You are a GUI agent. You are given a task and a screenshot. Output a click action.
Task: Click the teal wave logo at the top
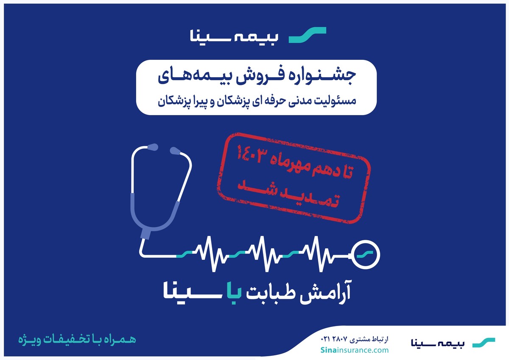pos(308,35)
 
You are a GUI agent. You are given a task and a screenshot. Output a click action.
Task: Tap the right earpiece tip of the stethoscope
pos(174,150)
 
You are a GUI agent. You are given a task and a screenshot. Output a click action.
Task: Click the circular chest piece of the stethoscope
pos(366,255)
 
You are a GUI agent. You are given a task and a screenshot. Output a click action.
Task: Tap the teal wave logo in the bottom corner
pos(484,343)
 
